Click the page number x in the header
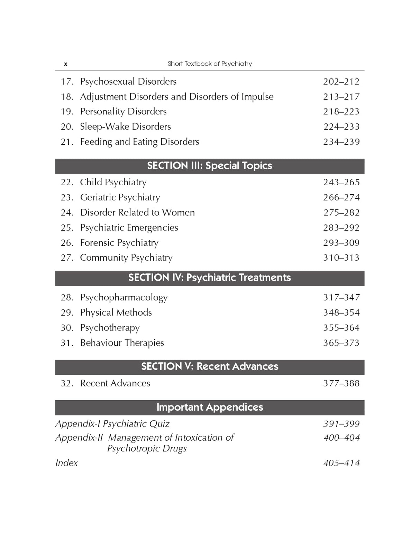pos(66,64)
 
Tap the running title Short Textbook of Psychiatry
pos(210,64)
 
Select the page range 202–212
pos(341,82)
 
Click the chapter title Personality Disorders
pos(123,112)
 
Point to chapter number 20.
pos(67,127)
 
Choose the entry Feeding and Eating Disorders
pos(139,142)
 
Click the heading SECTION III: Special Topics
pos(210,166)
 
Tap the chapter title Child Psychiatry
pos(113,182)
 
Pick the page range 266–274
pos(341,197)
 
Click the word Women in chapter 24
pos(178,213)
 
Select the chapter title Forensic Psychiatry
pos(119,243)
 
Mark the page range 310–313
pos(341,258)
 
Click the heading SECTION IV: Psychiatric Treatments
pos(210,278)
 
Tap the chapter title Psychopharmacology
pos(124,298)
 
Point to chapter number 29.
pos(67,313)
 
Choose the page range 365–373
pos(341,343)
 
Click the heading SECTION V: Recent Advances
pos(210,367)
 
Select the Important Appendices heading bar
pos(210,407)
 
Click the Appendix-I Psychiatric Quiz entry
pos(112,424)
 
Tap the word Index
pos(66,463)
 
